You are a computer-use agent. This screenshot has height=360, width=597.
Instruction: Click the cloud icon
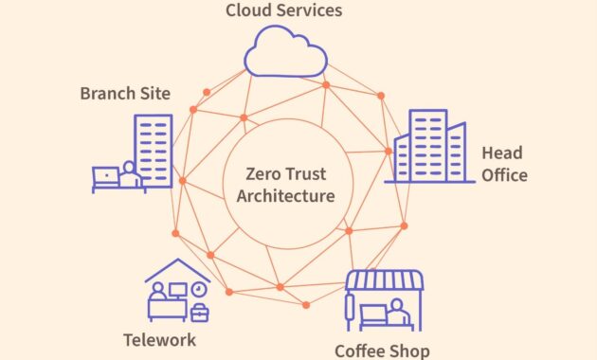click(x=285, y=52)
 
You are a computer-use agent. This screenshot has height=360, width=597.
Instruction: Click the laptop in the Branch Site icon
click(x=105, y=176)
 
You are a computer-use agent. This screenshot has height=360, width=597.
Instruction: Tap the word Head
click(x=501, y=153)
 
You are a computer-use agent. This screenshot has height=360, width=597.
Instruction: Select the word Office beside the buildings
click(x=504, y=175)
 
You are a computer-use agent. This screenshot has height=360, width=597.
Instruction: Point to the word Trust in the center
click(x=311, y=174)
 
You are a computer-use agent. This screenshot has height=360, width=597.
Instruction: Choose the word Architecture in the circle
click(x=285, y=196)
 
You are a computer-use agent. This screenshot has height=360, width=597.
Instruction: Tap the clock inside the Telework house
click(x=197, y=288)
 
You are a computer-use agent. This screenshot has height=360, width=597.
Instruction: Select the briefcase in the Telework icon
click(x=199, y=312)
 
